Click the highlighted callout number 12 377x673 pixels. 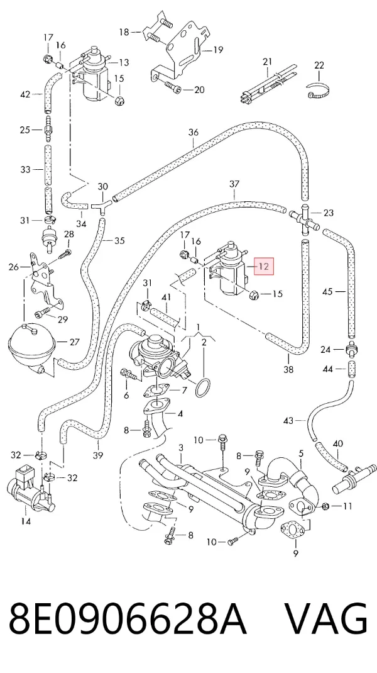click(264, 267)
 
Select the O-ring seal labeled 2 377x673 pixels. click(203, 387)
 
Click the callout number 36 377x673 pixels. click(194, 132)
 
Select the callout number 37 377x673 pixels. click(234, 184)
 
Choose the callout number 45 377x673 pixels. click(328, 292)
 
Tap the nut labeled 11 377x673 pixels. click(325, 506)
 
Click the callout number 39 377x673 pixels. click(98, 455)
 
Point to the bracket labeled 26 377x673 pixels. click(42, 279)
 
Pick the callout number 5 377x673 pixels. click(301, 453)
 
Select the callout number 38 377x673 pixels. click(288, 369)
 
